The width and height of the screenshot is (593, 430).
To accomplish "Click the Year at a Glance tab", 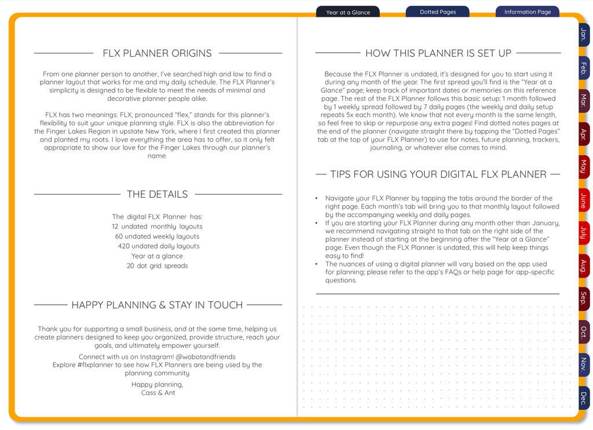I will coord(347,12).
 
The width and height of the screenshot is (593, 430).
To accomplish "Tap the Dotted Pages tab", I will coord(437,12).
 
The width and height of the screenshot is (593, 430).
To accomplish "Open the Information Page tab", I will coord(527,12).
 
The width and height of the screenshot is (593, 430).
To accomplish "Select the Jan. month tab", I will coord(583,35).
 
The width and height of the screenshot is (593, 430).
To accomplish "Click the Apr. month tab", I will coord(583,134).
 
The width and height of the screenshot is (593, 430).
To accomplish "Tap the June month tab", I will coord(583,201).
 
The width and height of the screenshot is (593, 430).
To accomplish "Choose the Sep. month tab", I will coord(583,298).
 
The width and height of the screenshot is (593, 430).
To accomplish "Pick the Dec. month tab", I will coord(583,398).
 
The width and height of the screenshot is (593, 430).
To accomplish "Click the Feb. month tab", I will coord(583,68).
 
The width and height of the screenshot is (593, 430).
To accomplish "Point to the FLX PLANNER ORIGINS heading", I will coord(157,53).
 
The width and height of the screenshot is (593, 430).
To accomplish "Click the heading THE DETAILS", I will coord(157,194).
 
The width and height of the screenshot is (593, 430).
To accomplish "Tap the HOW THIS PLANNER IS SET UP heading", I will coord(438,53).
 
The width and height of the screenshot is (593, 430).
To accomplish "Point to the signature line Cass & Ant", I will coord(158,393).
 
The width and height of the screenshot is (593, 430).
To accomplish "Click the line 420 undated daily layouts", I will coord(158,246).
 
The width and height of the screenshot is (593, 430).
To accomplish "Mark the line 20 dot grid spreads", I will coord(157,266).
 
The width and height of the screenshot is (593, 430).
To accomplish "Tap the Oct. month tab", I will coord(583,332).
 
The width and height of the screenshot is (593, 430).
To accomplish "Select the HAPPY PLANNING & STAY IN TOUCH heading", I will coord(157,305).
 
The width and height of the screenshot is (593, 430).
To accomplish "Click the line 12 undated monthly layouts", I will coord(157,227).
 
